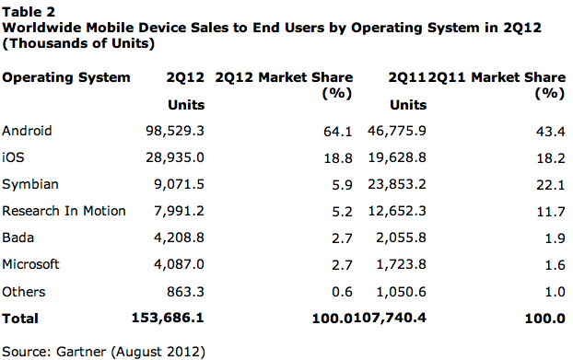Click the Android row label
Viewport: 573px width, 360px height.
(x=27, y=131)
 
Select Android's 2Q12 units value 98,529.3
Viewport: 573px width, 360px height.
(x=175, y=131)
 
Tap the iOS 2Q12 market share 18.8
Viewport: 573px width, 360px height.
(x=338, y=158)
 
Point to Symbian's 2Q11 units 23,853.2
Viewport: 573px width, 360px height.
(x=397, y=184)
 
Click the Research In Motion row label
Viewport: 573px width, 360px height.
(x=64, y=211)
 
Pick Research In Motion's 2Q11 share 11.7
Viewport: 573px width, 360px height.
(x=551, y=212)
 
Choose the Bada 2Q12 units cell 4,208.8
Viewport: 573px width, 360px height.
(x=179, y=238)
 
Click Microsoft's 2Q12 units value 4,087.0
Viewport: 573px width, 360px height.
(x=179, y=264)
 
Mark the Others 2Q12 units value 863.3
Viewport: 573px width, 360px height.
(x=186, y=292)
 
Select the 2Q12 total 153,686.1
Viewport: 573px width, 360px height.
(x=168, y=318)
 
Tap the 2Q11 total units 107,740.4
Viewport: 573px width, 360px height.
(x=390, y=318)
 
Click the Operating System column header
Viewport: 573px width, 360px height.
(x=66, y=77)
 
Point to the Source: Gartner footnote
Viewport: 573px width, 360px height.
(x=104, y=352)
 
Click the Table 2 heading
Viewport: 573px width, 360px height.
(x=29, y=12)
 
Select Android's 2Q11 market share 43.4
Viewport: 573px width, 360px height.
(x=551, y=132)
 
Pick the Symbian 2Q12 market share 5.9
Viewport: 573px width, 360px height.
(x=342, y=185)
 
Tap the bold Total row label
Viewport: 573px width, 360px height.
(x=20, y=319)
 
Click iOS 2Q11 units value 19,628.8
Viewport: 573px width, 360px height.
(x=397, y=157)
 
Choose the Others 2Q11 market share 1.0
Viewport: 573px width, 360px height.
(x=555, y=292)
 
